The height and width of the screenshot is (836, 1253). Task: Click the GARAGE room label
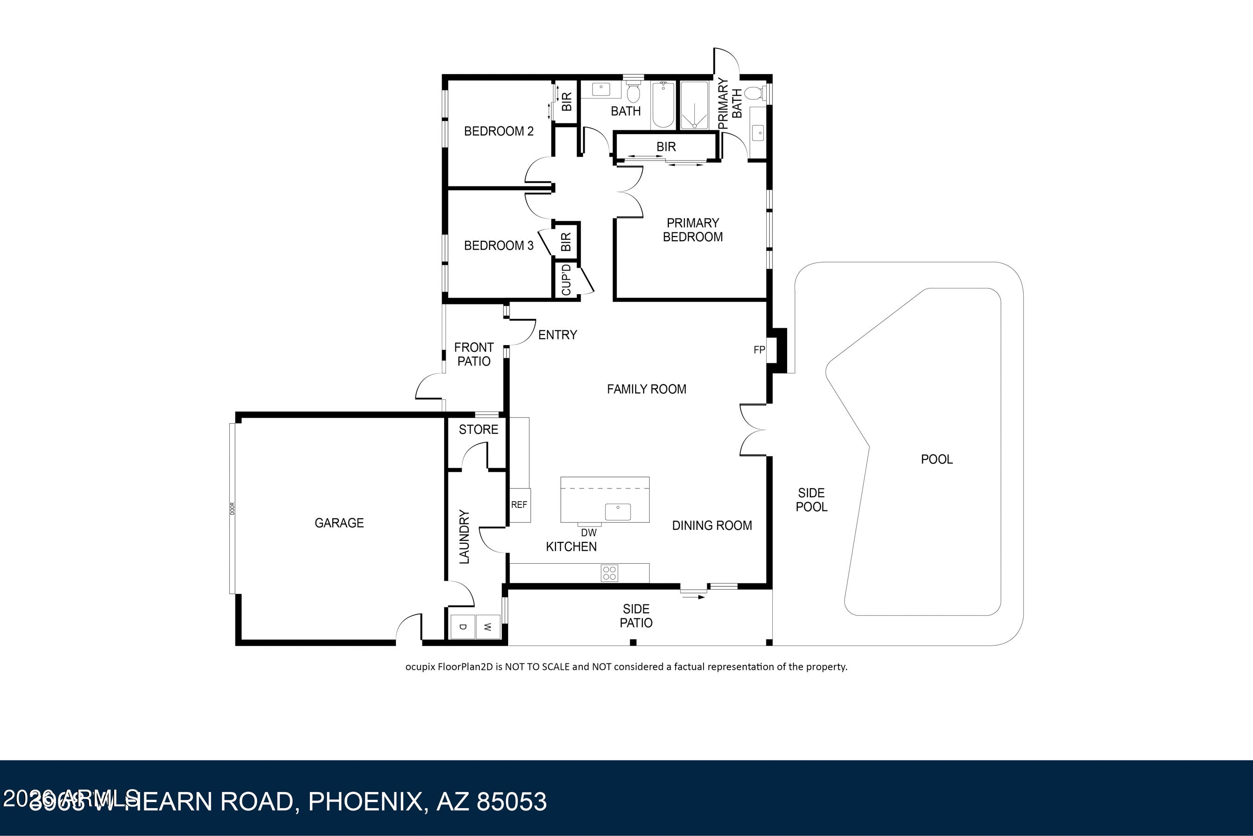339,523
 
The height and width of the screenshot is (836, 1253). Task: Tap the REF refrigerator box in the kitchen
519,504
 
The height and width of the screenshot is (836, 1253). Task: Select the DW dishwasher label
588,533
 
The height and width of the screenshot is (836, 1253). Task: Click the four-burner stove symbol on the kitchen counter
609,573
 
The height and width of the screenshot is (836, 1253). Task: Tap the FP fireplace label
759,350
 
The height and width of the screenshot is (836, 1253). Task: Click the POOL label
937,459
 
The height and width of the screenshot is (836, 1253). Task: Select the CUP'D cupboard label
566,279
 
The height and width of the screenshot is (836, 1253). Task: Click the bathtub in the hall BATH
663,104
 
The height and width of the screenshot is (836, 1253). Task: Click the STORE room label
478,430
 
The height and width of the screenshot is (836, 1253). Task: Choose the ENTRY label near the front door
558,335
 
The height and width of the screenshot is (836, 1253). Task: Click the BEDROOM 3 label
498,246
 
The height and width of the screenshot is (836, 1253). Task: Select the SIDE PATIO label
636,616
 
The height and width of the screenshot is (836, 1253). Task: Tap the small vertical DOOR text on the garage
233,508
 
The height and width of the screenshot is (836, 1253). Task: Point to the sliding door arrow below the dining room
694,597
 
